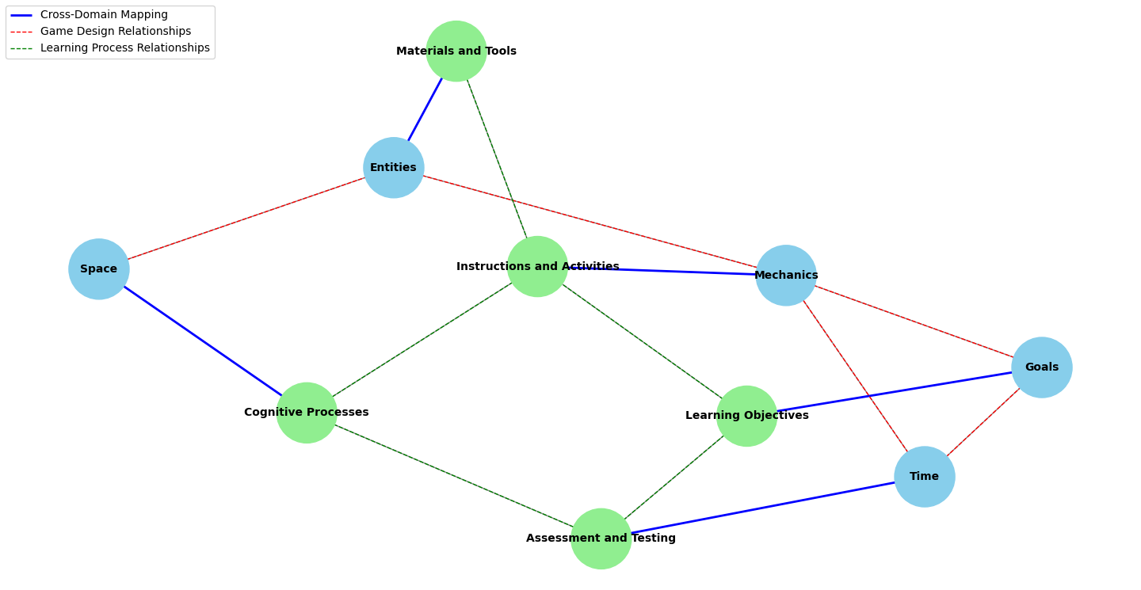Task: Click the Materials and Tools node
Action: tap(456, 51)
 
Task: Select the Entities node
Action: tap(394, 168)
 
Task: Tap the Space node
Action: tap(99, 269)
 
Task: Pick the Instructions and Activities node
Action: tap(537, 267)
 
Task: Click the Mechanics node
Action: tap(786, 276)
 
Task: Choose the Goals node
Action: tap(1042, 367)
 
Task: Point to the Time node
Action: tap(925, 477)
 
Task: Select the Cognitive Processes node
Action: tap(307, 413)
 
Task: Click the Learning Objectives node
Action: tap(746, 416)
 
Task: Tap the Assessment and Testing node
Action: tap(601, 539)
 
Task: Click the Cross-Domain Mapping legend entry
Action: tap(104, 15)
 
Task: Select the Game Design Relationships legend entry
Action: tap(116, 32)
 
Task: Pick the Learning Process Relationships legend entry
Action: tap(125, 48)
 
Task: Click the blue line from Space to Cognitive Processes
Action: tap(203, 341)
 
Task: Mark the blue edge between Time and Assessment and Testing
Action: tap(763, 508)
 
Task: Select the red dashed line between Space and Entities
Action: tap(246, 219)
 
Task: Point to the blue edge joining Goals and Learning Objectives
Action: tap(895, 392)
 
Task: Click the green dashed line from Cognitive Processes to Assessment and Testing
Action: tap(454, 476)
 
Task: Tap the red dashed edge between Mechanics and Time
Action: tap(856, 376)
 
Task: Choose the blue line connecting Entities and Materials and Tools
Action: tap(425, 109)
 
